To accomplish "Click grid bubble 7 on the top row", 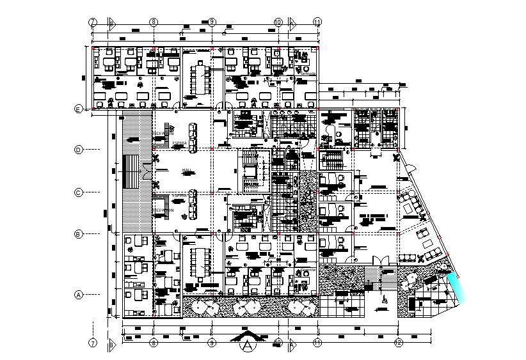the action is pyautogui.click(x=93, y=22).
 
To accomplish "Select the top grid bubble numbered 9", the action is pyautogui.click(x=211, y=22).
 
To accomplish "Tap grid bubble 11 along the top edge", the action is pyautogui.click(x=317, y=22).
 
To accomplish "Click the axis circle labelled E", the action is pyautogui.click(x=78, y=109).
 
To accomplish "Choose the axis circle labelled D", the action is pyautogui.click(x=78, y=150).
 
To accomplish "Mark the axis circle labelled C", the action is pyautogui.click(x=78, y=191).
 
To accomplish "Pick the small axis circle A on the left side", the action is pyautogui.click(x=78, y=295).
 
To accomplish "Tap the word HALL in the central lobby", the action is pyautogui.click(x=187, y=170).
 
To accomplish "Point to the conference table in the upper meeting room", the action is pyautogui.click(x=203, y=77).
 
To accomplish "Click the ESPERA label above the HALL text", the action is pyautogui.click(x=179, y=142).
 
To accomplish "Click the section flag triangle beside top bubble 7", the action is pyautogui.click(x=111, y=22).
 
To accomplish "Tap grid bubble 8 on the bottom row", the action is pyautogui.click(x=154, y=343).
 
